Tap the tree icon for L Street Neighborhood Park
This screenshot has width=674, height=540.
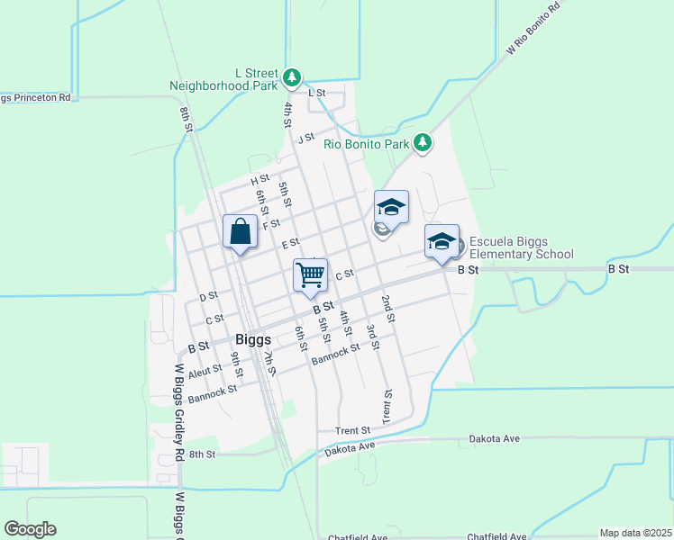(x=291, y=78)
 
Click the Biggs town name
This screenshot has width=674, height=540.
(x=253, y=340)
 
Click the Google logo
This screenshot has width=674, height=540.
(x=30, y=529)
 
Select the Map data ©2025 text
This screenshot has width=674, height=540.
(x=634, y=533)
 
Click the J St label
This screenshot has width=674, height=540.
(x=306, y=138)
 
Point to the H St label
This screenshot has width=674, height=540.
(x=260, y=181)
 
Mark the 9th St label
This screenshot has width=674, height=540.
(x=236, y=364)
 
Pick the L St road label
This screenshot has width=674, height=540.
(x=315, y=93)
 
